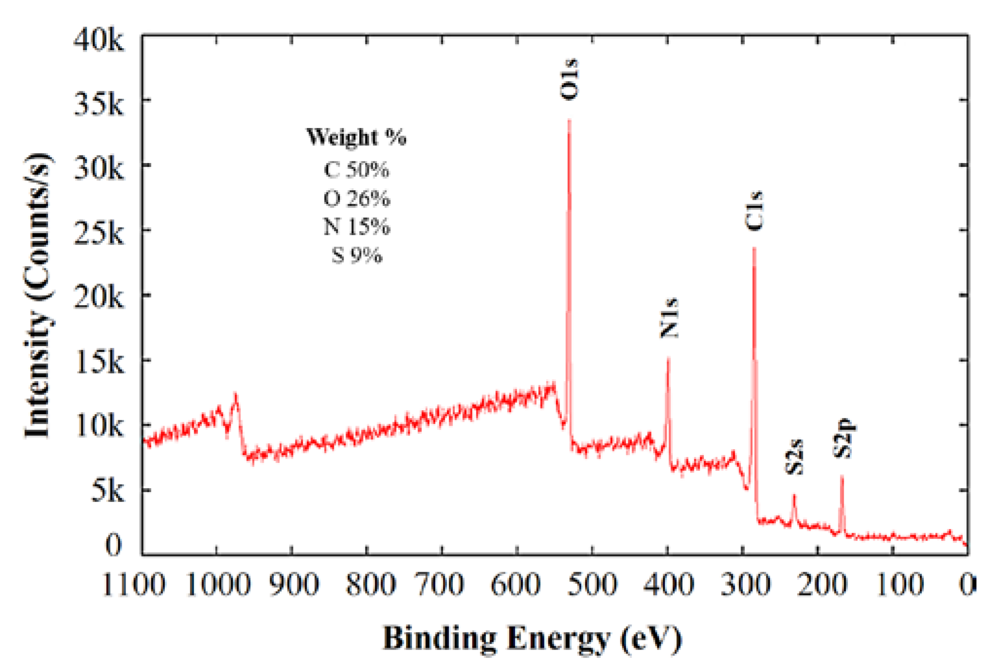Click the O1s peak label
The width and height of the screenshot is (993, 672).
tap(569, 80)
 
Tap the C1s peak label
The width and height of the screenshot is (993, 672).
tap(754, 211)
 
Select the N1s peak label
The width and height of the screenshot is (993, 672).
tap(669, 318)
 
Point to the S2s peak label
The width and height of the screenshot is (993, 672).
tap(794, 457)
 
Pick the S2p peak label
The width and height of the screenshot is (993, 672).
tap(842, 438)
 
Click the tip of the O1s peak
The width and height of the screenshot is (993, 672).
tap(569, 120)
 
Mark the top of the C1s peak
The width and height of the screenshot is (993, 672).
tap(754, 248)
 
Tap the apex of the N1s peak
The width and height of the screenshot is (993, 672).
tap(668, 358)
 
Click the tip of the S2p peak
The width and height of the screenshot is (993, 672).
tap(842, 476)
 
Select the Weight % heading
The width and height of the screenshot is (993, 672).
tap(356, 137)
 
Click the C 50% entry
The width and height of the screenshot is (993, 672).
tap(356, 170)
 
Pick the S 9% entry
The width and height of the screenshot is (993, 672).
tap(356, 255)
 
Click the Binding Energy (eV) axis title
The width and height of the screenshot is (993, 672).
tap(532, 638)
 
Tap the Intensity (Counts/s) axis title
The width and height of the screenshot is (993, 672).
tap(38, 295)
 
